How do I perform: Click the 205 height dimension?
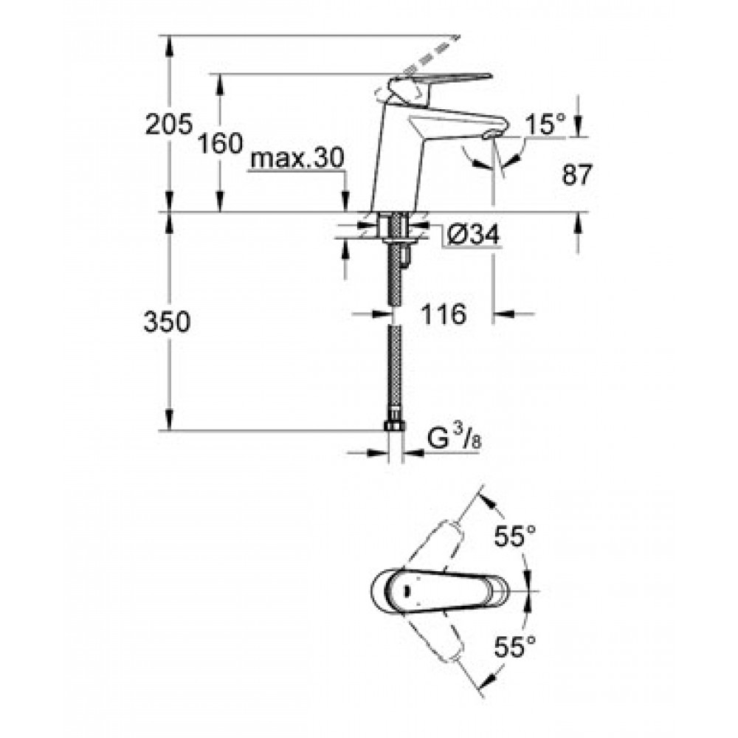click(169, 125)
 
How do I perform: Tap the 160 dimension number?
click(220, 143)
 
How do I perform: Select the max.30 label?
click(297, 159)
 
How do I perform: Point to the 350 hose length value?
click(167, 323)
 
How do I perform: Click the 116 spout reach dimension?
click(444, 314)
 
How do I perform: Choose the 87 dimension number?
click(576, 175)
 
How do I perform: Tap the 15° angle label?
click(545, 125)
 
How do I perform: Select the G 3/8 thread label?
click(455, 440)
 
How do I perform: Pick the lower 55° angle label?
click(515, 646)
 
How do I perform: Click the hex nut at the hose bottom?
click(395, 426)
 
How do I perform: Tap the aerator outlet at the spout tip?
click(491, 134)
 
